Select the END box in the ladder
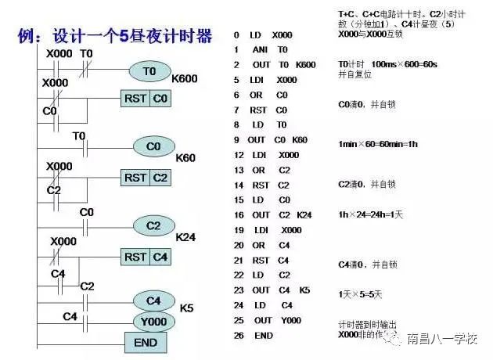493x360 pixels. pos(146,342)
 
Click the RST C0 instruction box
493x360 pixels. pos(146,99)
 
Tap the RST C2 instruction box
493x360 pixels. pos(146,178)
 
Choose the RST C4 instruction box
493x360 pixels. pos(146,256)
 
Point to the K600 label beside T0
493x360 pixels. pos(185,79)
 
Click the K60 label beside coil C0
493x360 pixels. pos(185,158)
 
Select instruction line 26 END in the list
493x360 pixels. pos(254,335)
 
